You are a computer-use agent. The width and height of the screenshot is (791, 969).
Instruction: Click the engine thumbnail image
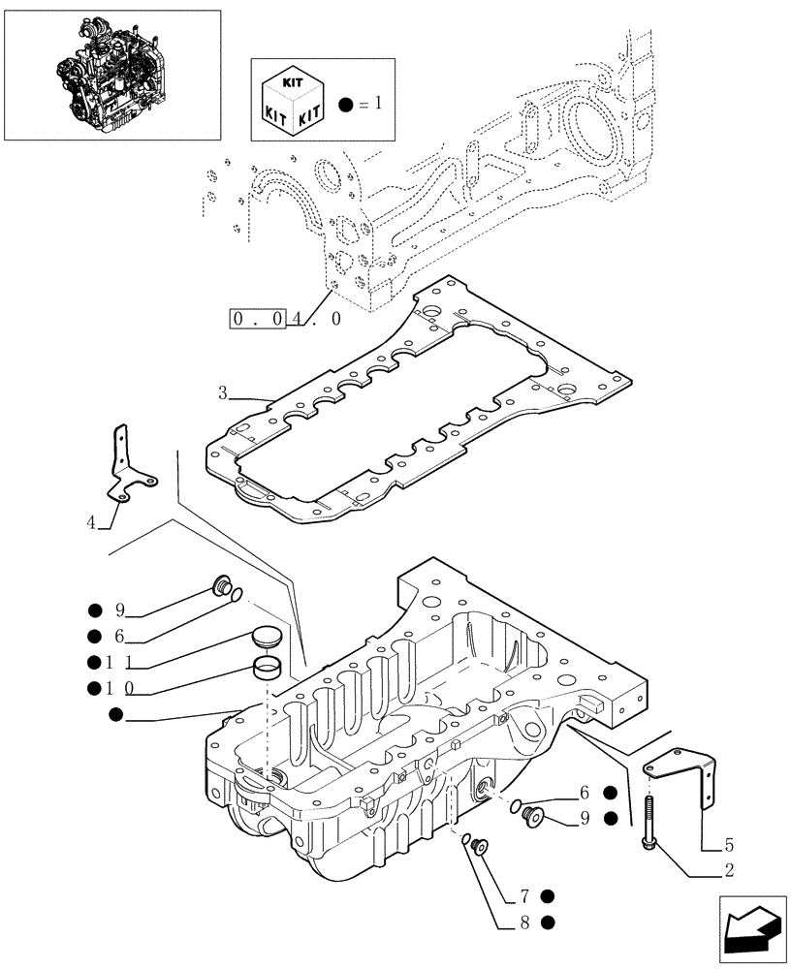pos(111,74)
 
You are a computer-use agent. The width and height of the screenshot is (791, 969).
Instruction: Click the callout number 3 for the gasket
pos(222,393)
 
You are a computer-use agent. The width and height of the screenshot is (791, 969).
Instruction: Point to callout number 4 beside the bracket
pos(91,523)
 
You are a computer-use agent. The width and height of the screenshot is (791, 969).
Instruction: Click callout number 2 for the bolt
pos(728,871)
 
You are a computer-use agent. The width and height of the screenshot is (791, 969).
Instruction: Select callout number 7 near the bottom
pos(524,895)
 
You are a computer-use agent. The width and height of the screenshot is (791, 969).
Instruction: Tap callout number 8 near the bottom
pos(524,922)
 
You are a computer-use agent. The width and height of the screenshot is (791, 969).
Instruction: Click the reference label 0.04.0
pos(285,319)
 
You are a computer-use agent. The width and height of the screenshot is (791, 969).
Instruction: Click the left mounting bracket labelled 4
pos(126,465)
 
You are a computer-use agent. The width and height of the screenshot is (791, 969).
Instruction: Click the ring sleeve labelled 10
pos(268,668)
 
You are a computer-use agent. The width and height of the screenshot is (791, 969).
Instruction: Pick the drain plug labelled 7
pos(478,849)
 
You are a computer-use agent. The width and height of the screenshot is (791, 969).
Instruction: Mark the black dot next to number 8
pos(549,922)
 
